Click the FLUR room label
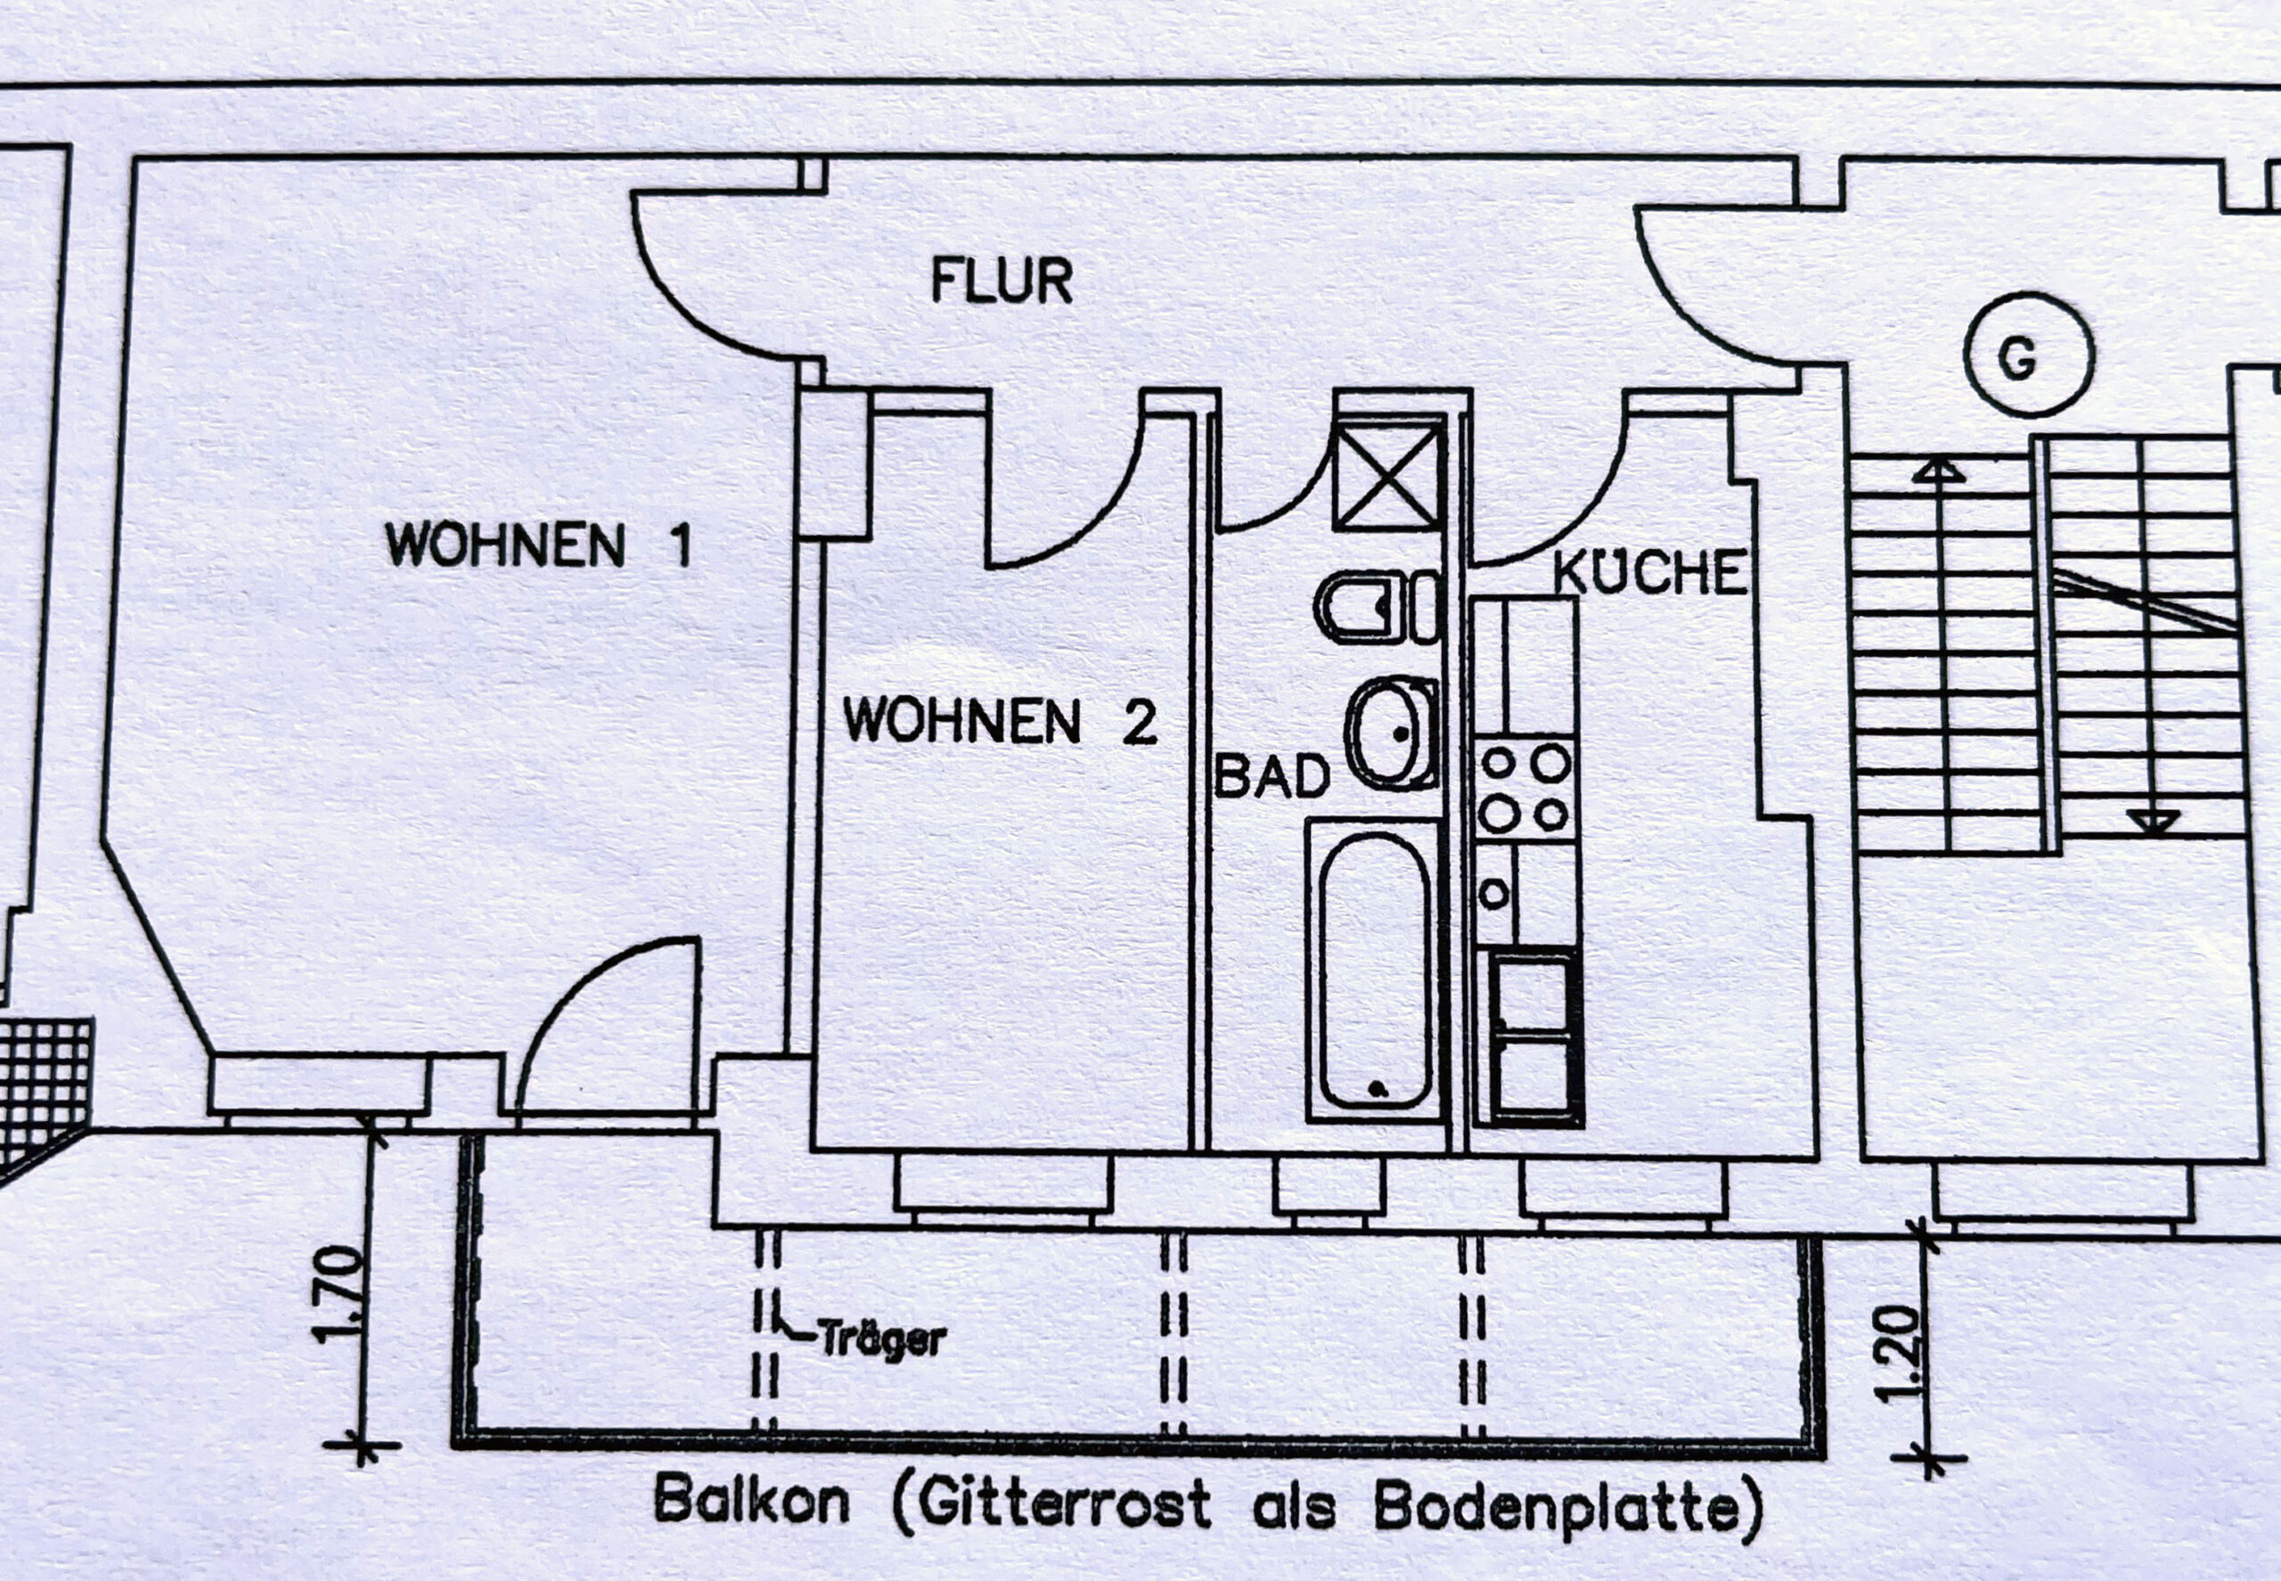(1002, 282)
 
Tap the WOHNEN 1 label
(538, 544)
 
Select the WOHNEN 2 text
(1000, 720)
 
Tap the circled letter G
(2030, 355)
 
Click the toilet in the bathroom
(1378, 607)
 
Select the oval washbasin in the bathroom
(1393, 733)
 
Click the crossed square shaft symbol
(1386, 476)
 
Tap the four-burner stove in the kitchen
(1525, 789)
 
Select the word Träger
(882, 1340)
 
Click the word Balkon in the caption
(752, 1502)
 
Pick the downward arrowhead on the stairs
(2154, 821)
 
